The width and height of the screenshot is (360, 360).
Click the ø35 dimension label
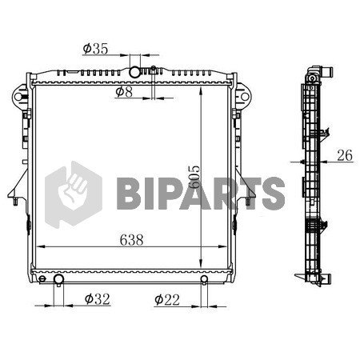click(x=95, y=50)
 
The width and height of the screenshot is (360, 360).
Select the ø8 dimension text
click(x=123, y=92)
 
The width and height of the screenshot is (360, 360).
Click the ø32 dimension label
click(x=97, y=300)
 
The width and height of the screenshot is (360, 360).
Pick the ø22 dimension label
click(x=167, y=300)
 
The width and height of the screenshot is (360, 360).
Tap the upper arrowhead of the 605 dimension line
click(x=200, y=86)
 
